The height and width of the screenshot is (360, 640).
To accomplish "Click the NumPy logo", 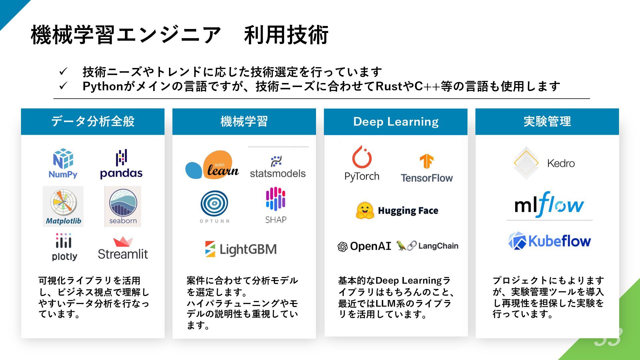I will [63, 163].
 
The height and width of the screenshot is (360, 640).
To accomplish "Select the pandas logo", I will [121, 164].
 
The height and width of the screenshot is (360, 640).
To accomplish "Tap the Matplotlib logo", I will [63, 206].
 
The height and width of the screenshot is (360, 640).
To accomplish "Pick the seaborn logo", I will [123, 206].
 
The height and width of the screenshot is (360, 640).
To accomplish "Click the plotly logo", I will [64, 247].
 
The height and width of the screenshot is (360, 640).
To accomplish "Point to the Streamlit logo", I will [123, 248].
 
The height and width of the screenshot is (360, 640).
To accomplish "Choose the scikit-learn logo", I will [212, 165].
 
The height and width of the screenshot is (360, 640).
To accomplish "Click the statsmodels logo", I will [278, 167].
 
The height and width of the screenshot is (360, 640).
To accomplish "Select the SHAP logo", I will [276, 205].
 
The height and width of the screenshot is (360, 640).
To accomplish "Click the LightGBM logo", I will [241, 249].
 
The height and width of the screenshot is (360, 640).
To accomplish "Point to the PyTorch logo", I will [362, 163].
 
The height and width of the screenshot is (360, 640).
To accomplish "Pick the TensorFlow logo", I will [426, 169].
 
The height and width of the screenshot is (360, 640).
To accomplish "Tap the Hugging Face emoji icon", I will [365, 210].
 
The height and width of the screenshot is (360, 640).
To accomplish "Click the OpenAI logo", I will [364, 246].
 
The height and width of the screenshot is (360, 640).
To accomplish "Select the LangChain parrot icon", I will [401, 246].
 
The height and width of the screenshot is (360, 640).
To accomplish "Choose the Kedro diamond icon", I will [526, 163].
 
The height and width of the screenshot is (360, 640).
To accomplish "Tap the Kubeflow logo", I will [549, 241].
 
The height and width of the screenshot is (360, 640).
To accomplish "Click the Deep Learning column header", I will [396, 122].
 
